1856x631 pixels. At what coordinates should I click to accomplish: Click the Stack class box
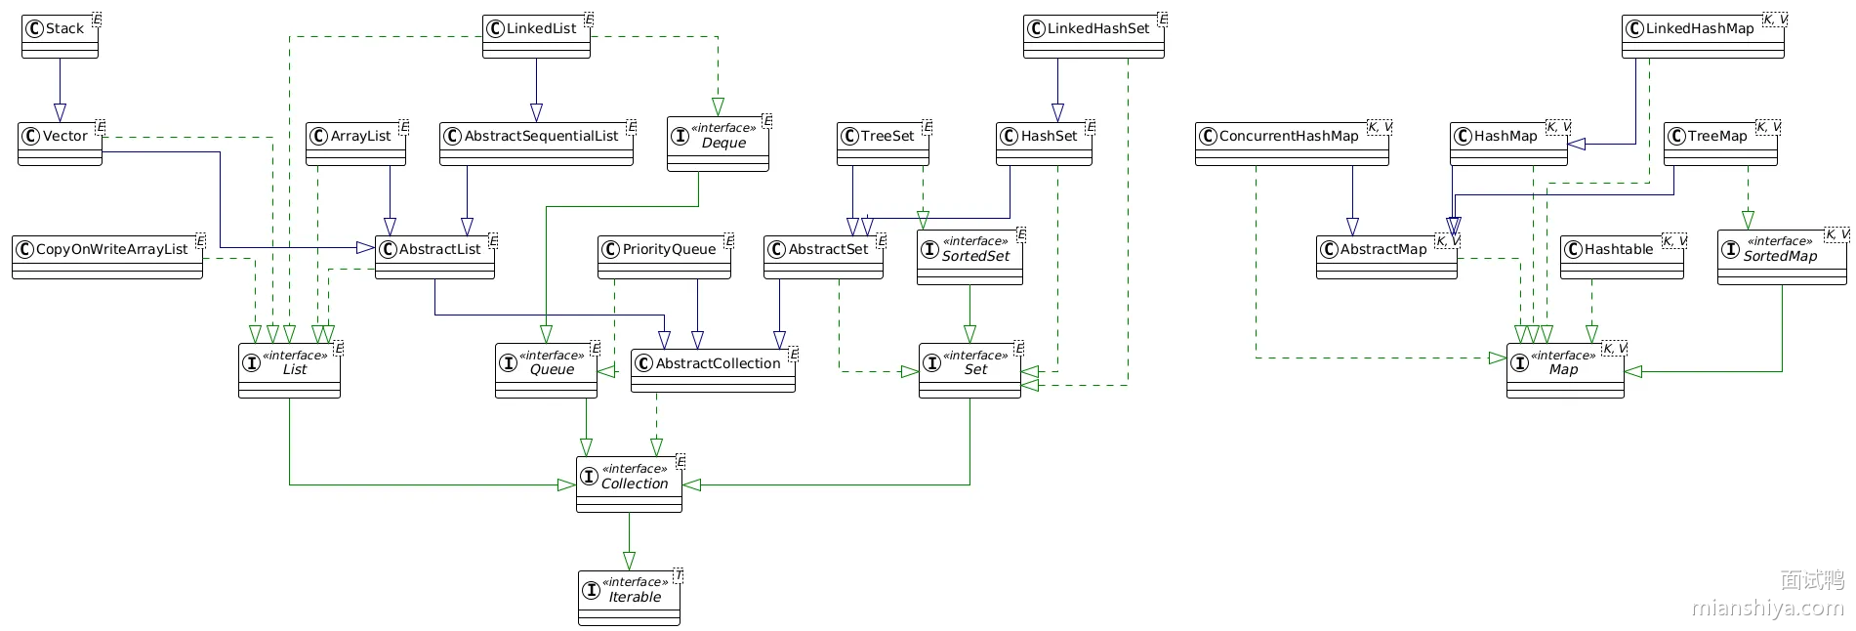click(61, 36)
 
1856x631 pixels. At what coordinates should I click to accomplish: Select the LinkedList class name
click(541, 28)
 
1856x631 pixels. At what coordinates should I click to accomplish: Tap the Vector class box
click(61, 144)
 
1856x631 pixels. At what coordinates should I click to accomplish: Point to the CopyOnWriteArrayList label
click(111, 249)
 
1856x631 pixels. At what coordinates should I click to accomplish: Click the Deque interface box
click(719, 144)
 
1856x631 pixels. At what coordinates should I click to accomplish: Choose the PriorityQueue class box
click(665, 257)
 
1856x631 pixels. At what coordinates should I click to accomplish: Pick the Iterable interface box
click(630, 598)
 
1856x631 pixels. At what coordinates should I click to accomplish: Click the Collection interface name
click(635, 484)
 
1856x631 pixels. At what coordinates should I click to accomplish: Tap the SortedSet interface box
click(970, 257)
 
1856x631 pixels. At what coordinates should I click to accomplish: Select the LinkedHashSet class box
click(1094, 36)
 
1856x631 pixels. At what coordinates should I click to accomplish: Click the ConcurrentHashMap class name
click(1289, 136)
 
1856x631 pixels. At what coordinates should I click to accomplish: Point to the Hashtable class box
click(1623, 257)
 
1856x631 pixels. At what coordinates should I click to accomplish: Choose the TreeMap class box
click(1721, 144)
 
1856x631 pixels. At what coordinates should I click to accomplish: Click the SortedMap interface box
click(1782, 257)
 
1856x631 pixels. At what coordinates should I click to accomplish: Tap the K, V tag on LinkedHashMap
click(1775, 20)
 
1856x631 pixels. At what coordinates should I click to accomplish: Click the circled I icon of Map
click(1520, 363)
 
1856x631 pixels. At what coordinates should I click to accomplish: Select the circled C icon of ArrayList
click(318, 136)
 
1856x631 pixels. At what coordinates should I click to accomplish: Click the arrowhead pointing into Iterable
click(629, 562)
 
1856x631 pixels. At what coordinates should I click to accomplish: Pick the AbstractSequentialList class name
click(541, 136)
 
